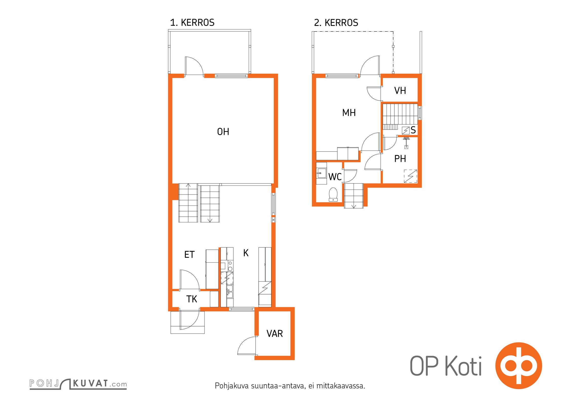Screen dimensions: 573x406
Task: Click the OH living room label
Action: (223, 132)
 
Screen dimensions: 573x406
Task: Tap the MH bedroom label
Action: (349, 113)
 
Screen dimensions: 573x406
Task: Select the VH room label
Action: (400, 91)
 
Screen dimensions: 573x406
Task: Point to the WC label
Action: (335, 177)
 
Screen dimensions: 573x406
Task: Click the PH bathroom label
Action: (400, 159)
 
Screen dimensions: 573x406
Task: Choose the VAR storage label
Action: (275, 334)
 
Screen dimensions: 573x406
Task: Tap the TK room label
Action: (192, 299)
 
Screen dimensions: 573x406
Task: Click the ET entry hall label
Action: (189, 255)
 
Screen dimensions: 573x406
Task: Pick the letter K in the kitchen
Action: (246, 253)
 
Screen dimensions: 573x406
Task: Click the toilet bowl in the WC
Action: (333, 195)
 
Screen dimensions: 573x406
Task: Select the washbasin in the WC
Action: (321, 173)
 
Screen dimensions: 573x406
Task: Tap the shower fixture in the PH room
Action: (406, 142)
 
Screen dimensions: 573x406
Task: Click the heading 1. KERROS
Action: (192, 23)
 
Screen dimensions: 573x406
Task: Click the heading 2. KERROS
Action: (336, 23)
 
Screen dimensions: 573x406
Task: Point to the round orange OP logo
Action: (519, 366)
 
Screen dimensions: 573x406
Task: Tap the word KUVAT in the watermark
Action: (91, 383)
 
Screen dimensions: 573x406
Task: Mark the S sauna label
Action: (413, 130)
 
